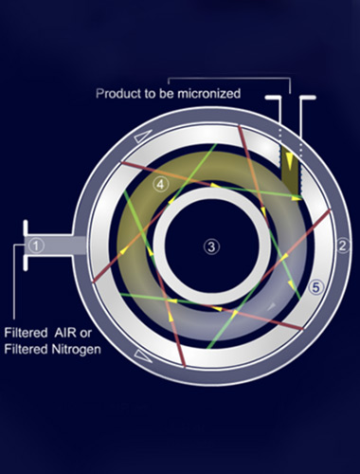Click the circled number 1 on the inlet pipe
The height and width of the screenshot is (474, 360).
[36, 246]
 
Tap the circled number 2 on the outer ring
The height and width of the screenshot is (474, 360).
[343, 246]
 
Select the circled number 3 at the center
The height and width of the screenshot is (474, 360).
[211, 246]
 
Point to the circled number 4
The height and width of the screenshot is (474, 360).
[161, 184]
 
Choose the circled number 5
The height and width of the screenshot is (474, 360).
[316, 287]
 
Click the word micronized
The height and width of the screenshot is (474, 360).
[208, 94]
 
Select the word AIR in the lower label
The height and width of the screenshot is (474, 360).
[64, 333]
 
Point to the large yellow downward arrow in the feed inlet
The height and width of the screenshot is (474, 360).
[290, 161]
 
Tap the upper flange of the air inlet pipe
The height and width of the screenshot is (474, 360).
[26, 228]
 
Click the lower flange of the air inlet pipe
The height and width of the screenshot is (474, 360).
[26, 263]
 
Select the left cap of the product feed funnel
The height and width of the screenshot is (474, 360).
[273, 98]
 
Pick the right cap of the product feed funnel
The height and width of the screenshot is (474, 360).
[308, 98]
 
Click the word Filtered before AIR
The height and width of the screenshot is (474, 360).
[26, 333]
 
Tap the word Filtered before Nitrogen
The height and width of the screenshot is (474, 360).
[26, 350]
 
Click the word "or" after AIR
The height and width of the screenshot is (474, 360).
[86, 334]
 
